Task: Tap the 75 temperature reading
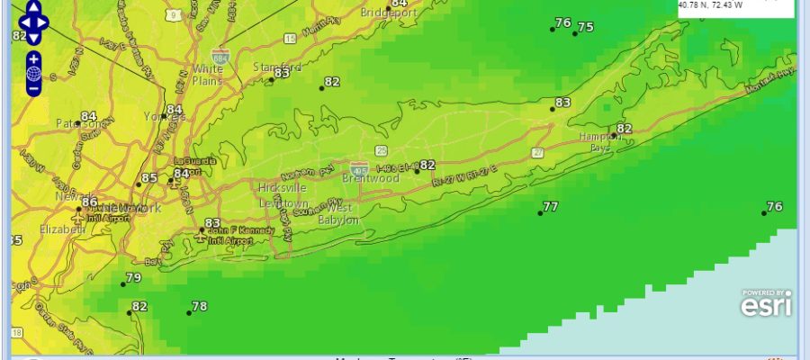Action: coord(585,27)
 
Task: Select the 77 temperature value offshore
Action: coord(550,207)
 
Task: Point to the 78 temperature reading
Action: coord(199,307)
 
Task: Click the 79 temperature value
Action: coord(133,278)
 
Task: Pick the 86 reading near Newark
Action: coord(89,202)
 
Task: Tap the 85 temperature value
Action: coord(149,178)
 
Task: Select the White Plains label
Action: coord(208,75)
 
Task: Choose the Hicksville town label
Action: coord(283,188)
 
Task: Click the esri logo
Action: coord(766,304)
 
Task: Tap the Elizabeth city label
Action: coord(62,229)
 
